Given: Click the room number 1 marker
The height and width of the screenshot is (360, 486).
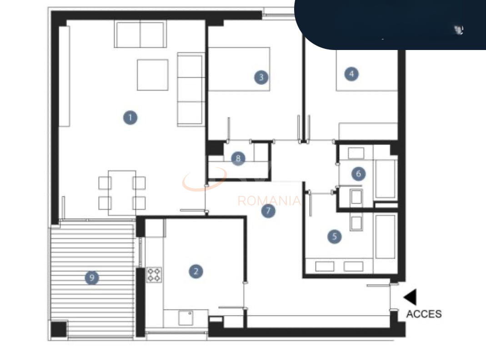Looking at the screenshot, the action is click(130, 117).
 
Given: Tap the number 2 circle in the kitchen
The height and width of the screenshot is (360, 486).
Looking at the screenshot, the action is click(196, 271).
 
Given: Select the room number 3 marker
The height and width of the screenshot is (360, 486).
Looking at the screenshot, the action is click(261, 77).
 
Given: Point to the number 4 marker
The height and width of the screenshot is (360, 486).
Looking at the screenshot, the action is click(351, 74).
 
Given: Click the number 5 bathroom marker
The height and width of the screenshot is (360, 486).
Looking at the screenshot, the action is click(335, 237).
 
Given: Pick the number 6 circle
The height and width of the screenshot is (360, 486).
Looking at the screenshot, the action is click(359, 174).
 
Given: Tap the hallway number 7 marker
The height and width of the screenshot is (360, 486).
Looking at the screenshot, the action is click(268, 211).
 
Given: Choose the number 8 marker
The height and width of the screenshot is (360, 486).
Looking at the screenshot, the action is click(238, 158).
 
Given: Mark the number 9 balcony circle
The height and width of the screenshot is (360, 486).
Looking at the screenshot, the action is click(92, 277).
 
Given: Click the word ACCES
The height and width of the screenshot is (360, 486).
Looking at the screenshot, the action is click(424, 314).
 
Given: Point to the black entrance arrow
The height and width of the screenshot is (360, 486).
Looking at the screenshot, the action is click(410, 297).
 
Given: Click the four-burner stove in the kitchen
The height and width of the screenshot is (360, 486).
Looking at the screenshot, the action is click(154, 275).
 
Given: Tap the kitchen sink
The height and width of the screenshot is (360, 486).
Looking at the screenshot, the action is click(185, 318).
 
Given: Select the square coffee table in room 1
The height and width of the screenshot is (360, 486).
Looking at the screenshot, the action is click(153, 75).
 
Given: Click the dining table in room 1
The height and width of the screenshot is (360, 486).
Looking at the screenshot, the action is click(122, 193).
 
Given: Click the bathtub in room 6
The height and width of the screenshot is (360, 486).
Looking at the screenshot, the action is click(386, 179).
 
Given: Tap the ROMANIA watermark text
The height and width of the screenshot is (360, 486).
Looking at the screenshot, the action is click(269, 201).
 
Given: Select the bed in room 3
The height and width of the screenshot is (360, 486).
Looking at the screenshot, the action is click(239, 69).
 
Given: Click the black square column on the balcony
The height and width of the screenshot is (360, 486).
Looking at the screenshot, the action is click(59, 330).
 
